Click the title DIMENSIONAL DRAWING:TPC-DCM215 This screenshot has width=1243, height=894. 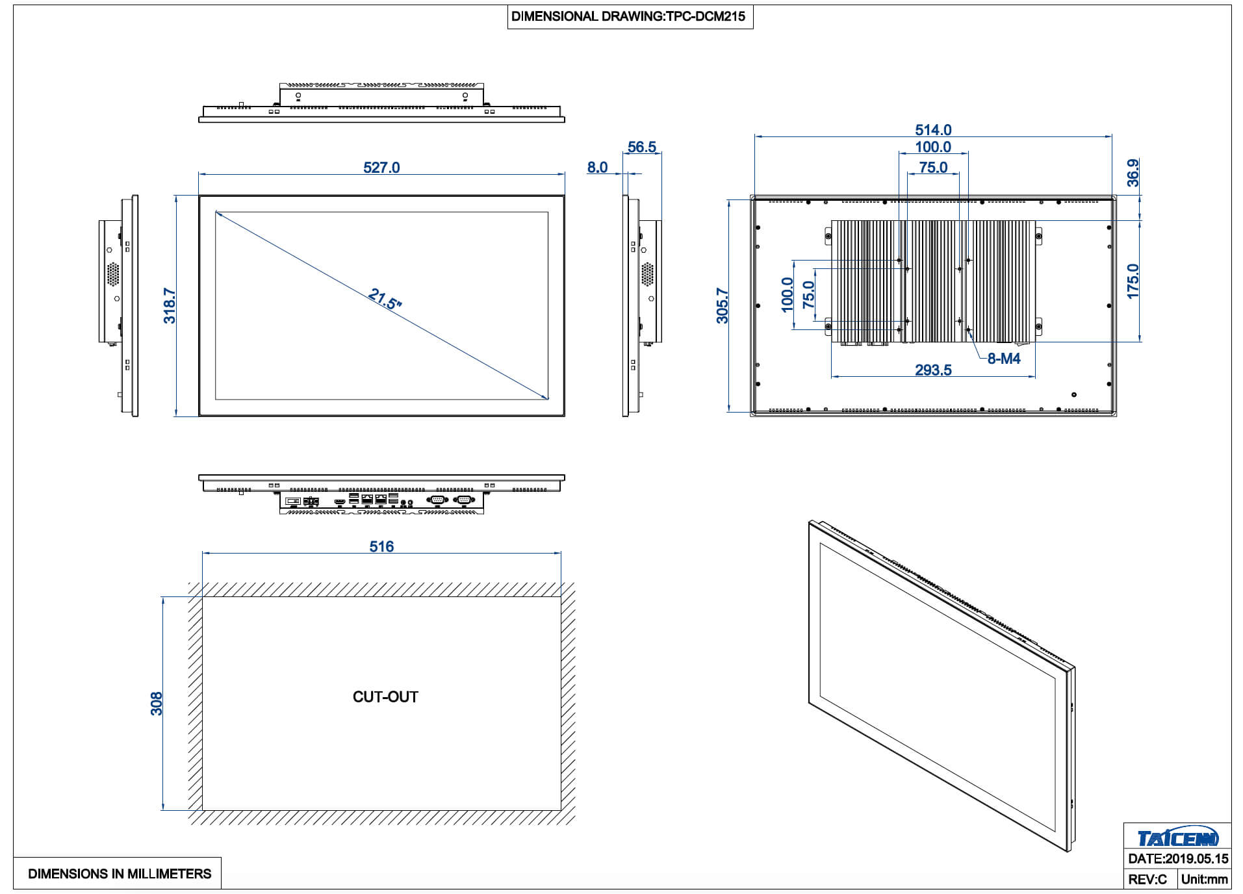628,17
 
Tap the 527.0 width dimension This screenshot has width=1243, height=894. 381,168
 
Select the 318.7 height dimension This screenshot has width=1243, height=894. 169,306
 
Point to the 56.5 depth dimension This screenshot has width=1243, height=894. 642,147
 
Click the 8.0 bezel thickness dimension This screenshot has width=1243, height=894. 597,168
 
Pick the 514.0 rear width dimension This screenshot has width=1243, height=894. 933,130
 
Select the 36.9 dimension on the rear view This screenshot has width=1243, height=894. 1133,173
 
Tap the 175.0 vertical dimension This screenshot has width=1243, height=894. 1133,281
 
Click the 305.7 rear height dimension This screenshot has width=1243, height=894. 722,306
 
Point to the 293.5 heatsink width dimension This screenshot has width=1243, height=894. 933,370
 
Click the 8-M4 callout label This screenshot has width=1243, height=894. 1004,359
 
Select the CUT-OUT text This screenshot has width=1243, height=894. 385,697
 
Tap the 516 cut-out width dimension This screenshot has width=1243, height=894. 381,547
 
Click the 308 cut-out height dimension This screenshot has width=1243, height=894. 157,704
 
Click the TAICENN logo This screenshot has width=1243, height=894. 1177,837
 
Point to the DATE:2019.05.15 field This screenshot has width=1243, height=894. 1178,859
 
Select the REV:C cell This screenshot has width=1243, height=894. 1147,880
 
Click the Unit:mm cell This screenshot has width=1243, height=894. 1205,880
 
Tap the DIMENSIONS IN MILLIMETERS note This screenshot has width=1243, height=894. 120,874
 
